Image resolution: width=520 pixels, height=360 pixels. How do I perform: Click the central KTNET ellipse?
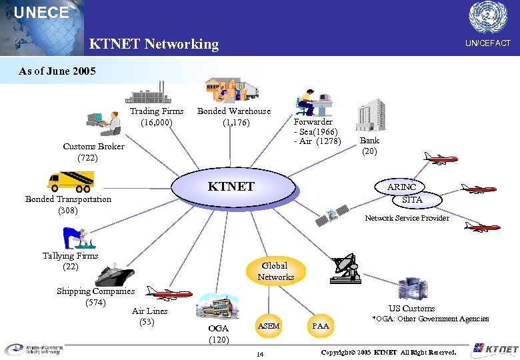pos(231,187)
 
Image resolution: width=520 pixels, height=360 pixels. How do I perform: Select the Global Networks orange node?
pos(275,271)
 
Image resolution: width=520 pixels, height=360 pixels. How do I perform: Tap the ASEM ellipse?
pos(269,326)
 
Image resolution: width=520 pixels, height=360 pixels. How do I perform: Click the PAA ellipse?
pos(321,326)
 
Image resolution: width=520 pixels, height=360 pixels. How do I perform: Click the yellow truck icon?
pos(70,181)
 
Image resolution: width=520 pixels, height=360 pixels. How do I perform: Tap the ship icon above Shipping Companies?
pos(115,275)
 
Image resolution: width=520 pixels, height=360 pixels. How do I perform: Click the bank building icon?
pos(371,115)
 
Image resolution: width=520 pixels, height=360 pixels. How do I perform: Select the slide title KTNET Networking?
pos(154,44)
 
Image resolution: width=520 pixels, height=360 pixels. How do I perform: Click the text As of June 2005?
pos(57,71)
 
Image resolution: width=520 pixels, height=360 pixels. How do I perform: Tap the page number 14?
pos(260,353)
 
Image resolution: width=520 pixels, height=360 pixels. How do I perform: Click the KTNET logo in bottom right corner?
pos(494,349)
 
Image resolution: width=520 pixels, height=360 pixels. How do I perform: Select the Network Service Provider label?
pos(407,218)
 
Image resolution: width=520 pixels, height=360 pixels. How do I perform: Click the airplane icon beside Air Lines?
pos(169,294)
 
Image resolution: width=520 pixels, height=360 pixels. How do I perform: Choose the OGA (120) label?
pos(218,334)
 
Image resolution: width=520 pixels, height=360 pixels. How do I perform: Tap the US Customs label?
pos(411,308)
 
